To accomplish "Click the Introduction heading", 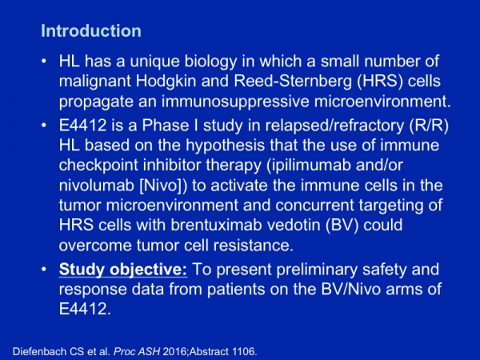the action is click(91, 30).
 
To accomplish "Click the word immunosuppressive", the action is click(235, 102).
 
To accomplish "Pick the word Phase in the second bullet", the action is click(166, 126).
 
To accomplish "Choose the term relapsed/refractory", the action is click(334, 126).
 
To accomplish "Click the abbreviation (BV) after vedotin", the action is click(342, 226).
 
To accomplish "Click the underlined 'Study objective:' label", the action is click(123, 270).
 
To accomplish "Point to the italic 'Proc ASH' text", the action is click(137, 351).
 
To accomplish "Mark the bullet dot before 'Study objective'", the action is click(44, 270).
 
